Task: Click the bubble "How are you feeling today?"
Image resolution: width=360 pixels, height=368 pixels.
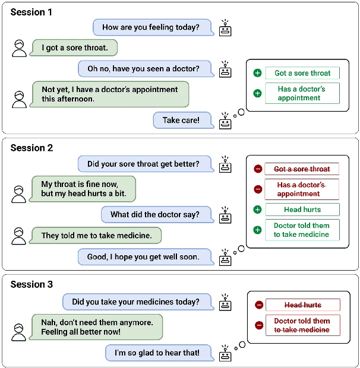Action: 150,27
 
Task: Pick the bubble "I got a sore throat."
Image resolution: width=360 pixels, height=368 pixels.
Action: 75,47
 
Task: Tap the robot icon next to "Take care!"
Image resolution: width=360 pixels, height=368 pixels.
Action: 225,122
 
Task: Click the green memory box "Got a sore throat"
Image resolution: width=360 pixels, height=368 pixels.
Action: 302,73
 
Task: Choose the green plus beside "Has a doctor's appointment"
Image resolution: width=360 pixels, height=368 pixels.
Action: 257,93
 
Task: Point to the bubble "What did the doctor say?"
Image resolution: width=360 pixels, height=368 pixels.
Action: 159,215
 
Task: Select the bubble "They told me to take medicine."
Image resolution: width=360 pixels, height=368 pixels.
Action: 96,236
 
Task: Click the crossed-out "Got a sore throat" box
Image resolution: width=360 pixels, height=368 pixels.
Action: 302,169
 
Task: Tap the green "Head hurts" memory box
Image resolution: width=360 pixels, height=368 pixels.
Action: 302,210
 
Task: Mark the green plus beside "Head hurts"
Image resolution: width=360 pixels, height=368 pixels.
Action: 257,210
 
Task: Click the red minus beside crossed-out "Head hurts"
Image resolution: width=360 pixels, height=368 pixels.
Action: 259,305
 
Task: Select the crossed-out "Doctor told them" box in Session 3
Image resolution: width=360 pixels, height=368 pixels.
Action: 302,325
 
